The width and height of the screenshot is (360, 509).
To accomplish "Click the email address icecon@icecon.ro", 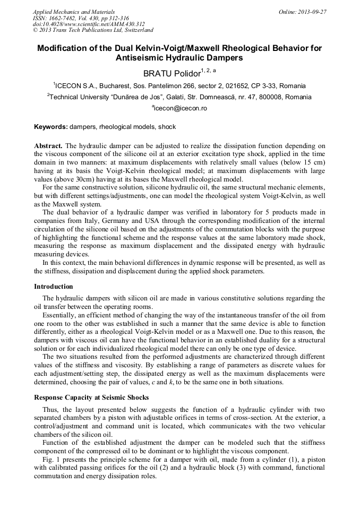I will click(x=181, y=108).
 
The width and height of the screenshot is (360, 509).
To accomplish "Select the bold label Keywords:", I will click(x=50, y=127).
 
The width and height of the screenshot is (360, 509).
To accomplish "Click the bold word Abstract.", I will click(x=48, y=145).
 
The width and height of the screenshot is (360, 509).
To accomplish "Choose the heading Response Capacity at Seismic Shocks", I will click(x=91, y=398).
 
